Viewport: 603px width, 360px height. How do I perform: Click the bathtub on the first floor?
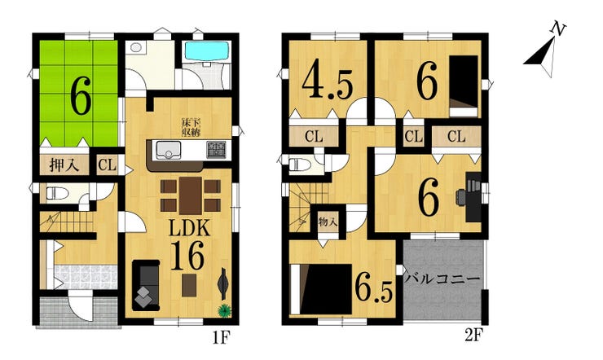tap(207, 50)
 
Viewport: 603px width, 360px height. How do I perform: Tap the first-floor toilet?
tap(56, 193)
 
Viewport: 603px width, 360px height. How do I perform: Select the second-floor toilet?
tap(300, 165)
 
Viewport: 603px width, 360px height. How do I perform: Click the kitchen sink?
tap(169, 150)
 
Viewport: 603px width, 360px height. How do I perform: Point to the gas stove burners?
tap(218, 150)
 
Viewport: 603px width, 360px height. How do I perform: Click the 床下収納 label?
tap(191, 128)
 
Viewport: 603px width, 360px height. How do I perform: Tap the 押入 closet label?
tap(64, 165)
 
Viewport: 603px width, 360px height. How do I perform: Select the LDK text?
tap(190, 228)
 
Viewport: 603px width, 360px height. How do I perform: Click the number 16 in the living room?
tap(187, 256)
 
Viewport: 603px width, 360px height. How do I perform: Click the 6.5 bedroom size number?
tap(374, 288)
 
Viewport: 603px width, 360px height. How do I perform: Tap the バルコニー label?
tap(442, 279)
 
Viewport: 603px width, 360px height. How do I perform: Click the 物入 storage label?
tap(328, 222)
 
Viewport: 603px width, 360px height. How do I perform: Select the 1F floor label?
tap(221, 338)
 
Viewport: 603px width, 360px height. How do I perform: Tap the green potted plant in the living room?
tap(223, 310)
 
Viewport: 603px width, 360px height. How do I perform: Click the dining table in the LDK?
tap(191, 195)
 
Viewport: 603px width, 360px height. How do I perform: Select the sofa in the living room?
tap(146, 285)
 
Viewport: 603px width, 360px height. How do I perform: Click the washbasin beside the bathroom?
tap(135, 47)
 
